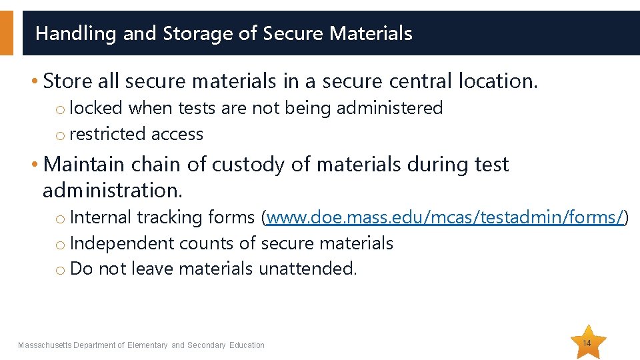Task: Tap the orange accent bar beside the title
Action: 7,33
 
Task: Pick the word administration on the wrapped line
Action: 111,190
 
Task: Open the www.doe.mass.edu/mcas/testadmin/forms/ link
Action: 445,217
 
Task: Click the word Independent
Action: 122,243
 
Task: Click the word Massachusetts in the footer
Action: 45,345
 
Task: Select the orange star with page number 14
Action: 587,342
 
